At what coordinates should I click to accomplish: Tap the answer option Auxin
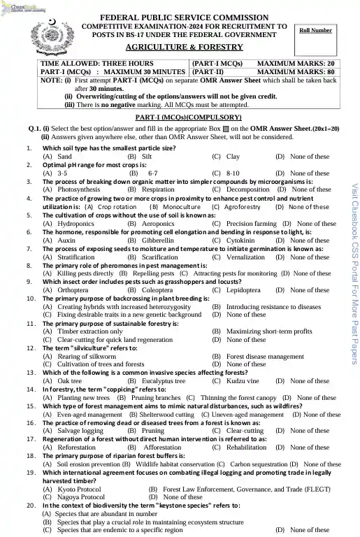pyautogui.click(x=62, y=240)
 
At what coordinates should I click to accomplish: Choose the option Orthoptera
pyautogui.click(x=65, y=289)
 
